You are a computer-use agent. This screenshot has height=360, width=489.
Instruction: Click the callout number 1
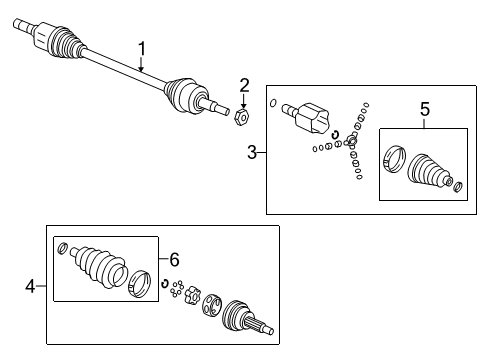tap(141, 47)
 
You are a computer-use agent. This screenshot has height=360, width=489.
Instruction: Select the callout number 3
tap(253, 152)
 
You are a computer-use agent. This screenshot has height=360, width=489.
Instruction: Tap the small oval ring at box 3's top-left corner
tap(274, 102)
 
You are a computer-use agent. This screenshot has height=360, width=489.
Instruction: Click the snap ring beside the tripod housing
tap(336, 136)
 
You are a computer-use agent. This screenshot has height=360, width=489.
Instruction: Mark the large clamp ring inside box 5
tap(394, 161)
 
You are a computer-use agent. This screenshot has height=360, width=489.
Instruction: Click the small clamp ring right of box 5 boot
tap(457, 186)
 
